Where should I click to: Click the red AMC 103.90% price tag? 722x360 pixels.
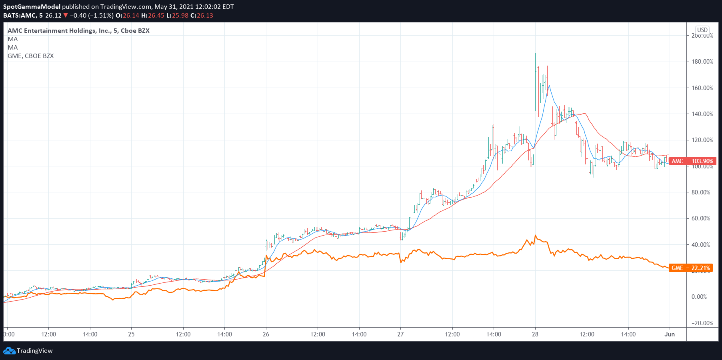tap(692, 161)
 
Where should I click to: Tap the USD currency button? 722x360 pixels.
tap(702, 30)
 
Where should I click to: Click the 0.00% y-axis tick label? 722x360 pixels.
tap(699, 297)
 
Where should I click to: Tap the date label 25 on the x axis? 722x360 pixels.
tap(131, 334)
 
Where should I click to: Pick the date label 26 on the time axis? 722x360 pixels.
tap(266, 334)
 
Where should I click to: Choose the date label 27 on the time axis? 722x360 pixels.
tap(400, 334)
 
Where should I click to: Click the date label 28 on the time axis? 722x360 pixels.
tap(535, 334)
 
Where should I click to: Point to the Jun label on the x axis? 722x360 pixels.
tap(670, 334)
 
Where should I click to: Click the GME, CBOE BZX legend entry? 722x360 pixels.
tap(31, 56)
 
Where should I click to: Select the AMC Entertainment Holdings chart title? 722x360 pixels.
tap(78, 31)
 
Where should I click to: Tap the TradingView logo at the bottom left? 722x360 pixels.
tap(28, 351)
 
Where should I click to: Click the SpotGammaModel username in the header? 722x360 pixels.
tap(32, 7)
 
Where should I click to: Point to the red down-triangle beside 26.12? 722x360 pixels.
tap(66, 16)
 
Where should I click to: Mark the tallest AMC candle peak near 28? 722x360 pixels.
tap(536, 54)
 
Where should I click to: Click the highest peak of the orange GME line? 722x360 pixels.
tap(535, 236)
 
